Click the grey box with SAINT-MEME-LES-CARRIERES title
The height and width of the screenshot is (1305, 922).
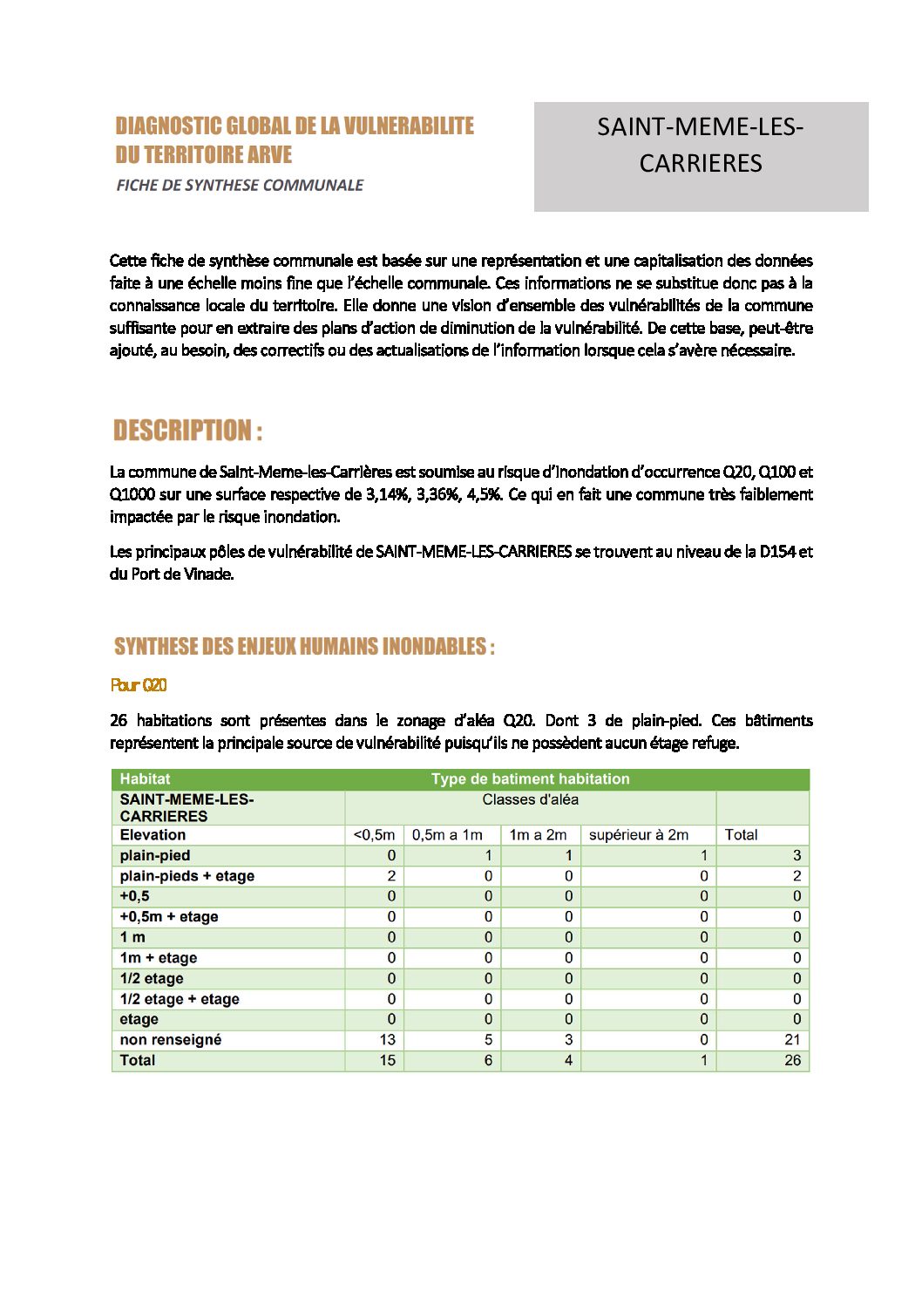(701, 156)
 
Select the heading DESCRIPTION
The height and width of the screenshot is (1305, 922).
(187, 431)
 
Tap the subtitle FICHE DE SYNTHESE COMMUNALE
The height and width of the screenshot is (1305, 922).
(240, 185)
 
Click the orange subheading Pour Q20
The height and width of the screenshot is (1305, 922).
(139, 685)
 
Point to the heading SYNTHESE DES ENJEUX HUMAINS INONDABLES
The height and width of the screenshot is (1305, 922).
(304, 647)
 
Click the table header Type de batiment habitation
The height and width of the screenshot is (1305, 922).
(530, 779)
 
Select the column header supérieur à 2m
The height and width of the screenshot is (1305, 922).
(639, 835)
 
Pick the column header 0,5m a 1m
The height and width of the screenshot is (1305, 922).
(447, 835)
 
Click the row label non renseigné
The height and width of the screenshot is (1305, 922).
(171, 1040)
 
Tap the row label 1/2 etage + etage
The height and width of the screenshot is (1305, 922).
(180, 999)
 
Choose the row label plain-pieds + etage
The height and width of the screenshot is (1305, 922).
(187, 876)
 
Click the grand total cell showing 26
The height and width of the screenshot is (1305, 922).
(792, 1061)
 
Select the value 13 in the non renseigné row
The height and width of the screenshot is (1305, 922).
(387, 1040)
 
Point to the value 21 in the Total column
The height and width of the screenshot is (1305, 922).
(792, 1040)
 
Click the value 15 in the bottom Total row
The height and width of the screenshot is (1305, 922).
(387, 1061)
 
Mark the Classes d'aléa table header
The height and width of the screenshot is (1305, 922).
(530, 800)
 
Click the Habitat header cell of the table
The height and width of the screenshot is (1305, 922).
(145, 779)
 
